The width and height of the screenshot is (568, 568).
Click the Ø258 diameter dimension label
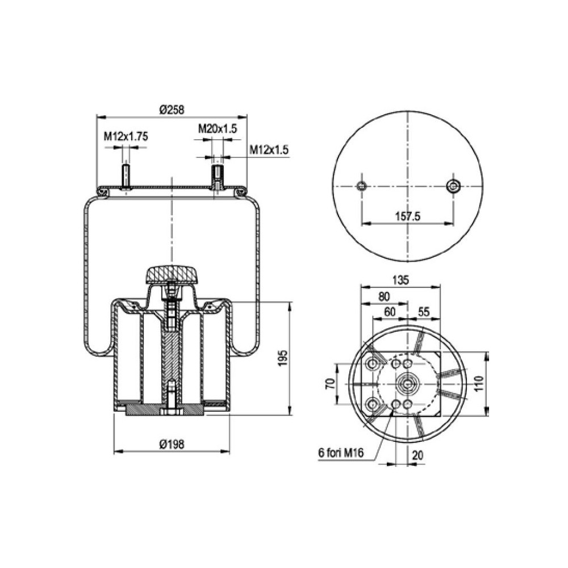pos(172,110)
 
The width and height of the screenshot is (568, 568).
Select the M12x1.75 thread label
pos(126,136)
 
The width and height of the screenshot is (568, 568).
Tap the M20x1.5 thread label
pos(217,129)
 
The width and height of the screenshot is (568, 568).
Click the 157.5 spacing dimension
pos(407,216)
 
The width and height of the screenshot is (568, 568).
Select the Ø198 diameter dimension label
pos(172,445)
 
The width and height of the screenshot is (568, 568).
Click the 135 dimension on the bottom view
pos(400,279)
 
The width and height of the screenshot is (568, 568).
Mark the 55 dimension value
pos(424,311)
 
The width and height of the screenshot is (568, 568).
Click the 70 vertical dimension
pos(329,384)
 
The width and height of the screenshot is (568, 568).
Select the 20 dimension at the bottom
pos(417,455)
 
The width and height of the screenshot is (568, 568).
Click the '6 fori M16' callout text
pos(341,453)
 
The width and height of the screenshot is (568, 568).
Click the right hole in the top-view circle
pos(453,186)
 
